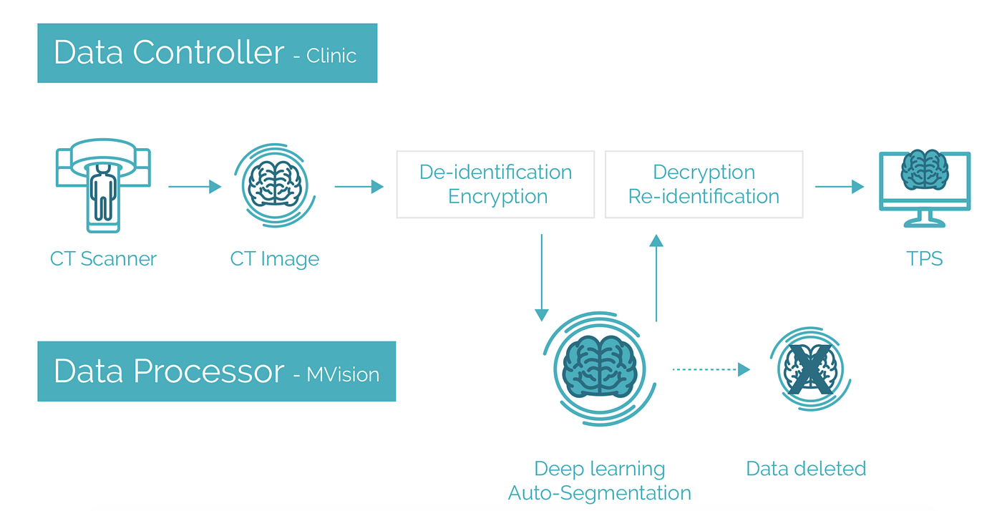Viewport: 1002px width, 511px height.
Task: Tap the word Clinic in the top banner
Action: pos(331,56)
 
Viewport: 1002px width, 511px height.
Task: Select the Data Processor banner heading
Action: pos(169,371)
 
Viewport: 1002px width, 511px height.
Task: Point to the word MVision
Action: pos(343,374)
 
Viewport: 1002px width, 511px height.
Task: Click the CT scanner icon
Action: pos(103,187)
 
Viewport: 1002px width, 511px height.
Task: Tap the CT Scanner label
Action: pos(103,258)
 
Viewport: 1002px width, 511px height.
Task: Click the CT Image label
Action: pos(275,258)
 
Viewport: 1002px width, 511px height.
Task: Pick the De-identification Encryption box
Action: pos(495,184)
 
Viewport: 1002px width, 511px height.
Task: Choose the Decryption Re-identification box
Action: pos(704,184)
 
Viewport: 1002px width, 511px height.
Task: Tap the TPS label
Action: pos(925,258)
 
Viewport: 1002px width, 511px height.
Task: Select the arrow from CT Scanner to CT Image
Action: pos(195,187)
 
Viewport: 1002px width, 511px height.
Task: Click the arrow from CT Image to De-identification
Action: pos(359,187)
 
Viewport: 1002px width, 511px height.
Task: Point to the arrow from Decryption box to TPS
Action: pos(840,187)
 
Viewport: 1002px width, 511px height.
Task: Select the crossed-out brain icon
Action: pos(809,369)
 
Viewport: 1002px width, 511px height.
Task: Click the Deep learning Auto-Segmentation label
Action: pos(600,481)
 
